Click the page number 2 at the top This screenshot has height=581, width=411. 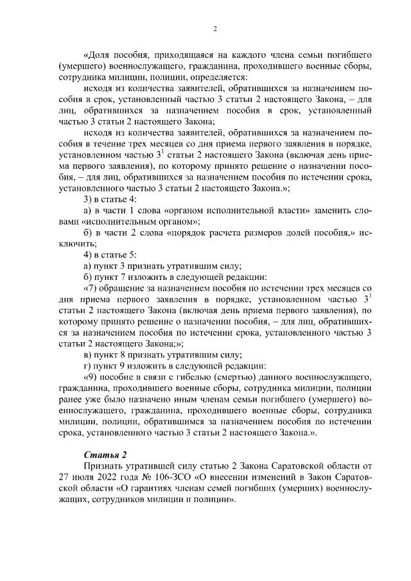click(214, 29)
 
